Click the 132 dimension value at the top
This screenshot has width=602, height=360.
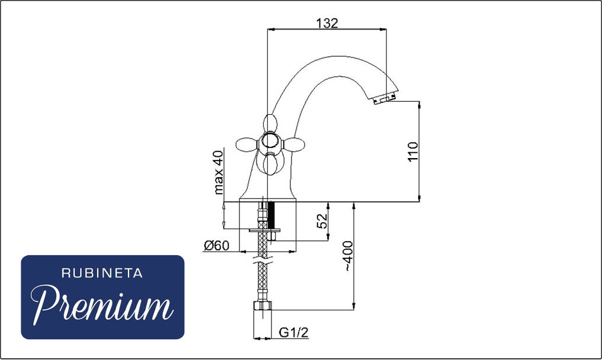pos(327,24)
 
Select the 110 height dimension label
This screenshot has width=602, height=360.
pos(413,152)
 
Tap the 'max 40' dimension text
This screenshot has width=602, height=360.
pos(218,172)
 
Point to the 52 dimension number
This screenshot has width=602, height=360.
pos(322,221)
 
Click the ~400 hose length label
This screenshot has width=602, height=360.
pos(348,256)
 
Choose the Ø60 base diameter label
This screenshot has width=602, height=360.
pos(216,245)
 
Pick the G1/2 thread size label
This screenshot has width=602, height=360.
pos(294,332)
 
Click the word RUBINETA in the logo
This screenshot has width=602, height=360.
pos(102,273)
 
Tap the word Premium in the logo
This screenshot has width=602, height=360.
pos(101,305)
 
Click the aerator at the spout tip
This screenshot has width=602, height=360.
pos(385,100)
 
